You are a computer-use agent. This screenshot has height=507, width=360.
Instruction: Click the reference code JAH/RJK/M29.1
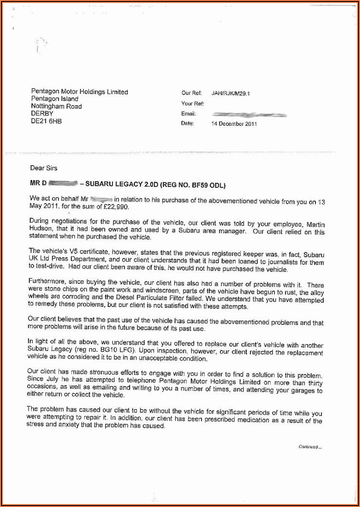point(230,93)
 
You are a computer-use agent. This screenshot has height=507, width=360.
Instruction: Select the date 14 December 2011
point(234,124)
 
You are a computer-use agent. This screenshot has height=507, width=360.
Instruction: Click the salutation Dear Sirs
point(44,168)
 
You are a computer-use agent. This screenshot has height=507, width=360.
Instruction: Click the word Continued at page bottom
point(308,447)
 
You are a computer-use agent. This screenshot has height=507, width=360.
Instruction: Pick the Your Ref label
point(193,104)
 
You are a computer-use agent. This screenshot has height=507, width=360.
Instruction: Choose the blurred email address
point(249,114)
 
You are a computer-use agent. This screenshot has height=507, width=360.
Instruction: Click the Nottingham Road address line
point(56,106)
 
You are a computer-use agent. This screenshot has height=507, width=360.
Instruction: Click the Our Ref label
point(191,93)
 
